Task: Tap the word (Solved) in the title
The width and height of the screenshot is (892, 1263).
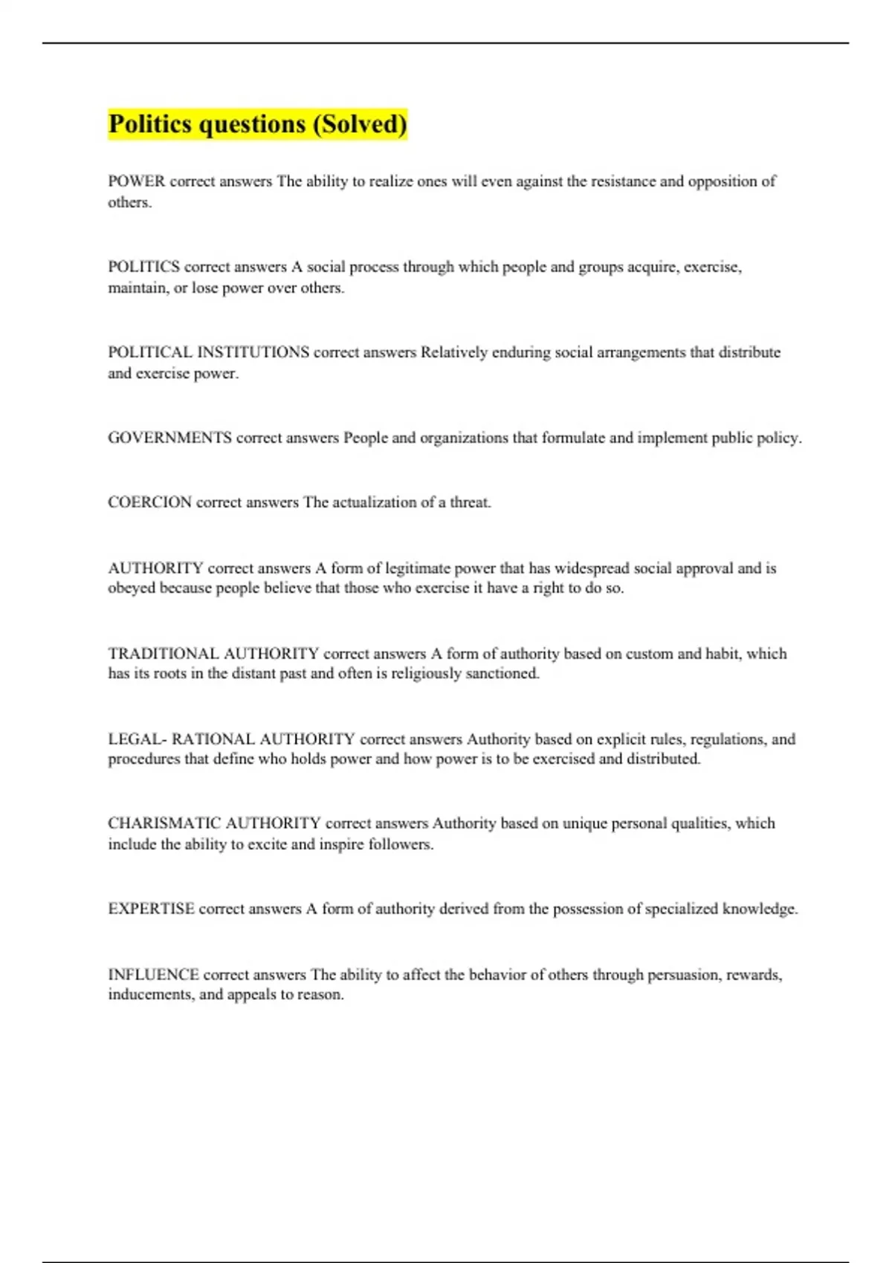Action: pos(360,123)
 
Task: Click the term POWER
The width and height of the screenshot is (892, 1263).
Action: pos(137,181)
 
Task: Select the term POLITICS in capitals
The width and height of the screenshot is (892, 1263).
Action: pos(143,267)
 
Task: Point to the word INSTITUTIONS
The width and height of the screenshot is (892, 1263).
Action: pos(253,352)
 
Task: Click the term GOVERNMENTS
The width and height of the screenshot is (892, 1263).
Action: pos(169,438)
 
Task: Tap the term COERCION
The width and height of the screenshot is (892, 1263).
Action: pos(149,502)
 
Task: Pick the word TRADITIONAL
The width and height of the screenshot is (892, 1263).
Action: pos(163,654)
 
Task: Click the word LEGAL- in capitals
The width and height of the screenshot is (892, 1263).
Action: pos(137,739)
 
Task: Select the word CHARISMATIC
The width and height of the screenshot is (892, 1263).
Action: pos(164,823)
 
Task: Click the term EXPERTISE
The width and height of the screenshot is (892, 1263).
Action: pos(151,909)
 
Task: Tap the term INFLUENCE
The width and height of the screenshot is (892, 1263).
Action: pos(153,975)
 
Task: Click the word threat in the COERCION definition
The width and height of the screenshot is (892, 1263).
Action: pos(470,502)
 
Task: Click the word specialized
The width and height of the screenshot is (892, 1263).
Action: pos(682,909)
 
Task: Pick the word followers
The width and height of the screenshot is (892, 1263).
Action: pos(401,844)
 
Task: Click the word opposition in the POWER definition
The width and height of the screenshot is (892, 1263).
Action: pos(723,181)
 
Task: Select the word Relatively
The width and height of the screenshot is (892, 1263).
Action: pos(453,352)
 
